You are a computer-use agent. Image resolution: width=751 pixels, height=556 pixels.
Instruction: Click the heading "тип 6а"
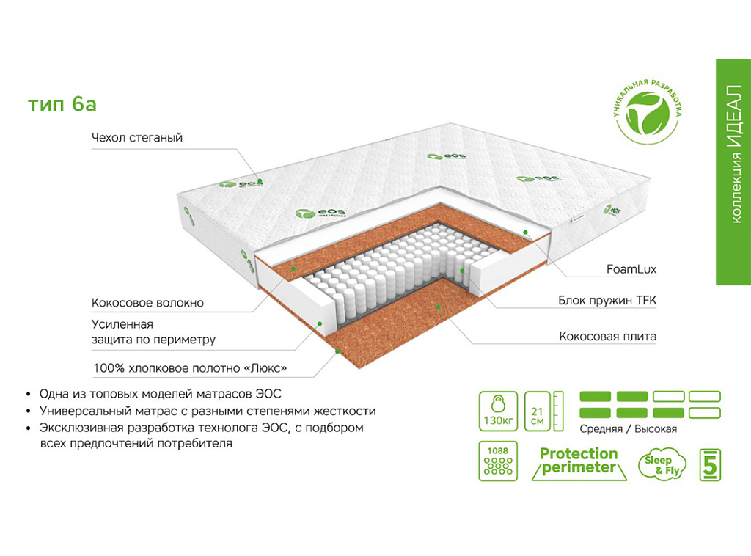point(62,105)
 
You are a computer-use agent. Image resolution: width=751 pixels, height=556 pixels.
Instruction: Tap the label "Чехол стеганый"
point(137,138)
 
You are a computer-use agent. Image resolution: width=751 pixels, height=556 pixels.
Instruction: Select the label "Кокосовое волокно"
point(147,303)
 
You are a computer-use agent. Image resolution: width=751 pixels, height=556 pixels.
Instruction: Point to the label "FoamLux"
point(631,269)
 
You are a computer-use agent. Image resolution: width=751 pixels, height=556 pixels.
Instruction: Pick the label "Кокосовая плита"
point(607,337)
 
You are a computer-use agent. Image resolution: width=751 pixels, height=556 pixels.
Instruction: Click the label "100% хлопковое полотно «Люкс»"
point(189,367)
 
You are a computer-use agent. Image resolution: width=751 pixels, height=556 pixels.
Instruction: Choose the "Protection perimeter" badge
point(579,461)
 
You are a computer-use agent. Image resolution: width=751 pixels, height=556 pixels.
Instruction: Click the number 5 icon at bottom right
point(709,464)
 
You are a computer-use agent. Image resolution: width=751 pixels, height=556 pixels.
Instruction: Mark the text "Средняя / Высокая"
point(629,429)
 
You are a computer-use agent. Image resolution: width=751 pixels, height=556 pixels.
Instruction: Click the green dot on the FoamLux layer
point(526,232)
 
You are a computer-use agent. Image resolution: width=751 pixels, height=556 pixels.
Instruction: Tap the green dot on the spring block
point(463,271)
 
